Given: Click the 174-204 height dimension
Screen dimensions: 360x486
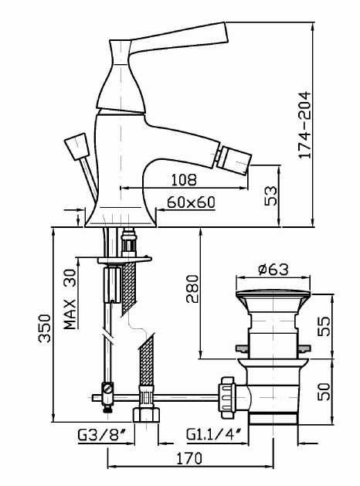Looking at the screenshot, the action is (x=304, y=125).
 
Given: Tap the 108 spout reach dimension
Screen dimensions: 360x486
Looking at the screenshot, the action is (x=184, y=180).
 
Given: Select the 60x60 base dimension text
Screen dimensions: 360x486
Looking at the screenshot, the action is (x=191, y=202).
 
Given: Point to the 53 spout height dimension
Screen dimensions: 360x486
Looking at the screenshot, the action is (x=271, y=195).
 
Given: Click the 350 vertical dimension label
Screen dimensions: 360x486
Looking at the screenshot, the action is (x=45, y=328).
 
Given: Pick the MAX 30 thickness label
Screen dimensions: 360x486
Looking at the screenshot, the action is (x=70, y=299).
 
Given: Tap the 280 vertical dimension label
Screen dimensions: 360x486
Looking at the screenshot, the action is (x=192, y=288).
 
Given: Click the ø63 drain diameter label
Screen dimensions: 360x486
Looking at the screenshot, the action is (x=273, y=269).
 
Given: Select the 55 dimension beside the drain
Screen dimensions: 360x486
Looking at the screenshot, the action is (x=324, y=326).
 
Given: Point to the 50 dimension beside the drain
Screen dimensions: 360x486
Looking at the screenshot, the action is (x=324, y=392).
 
